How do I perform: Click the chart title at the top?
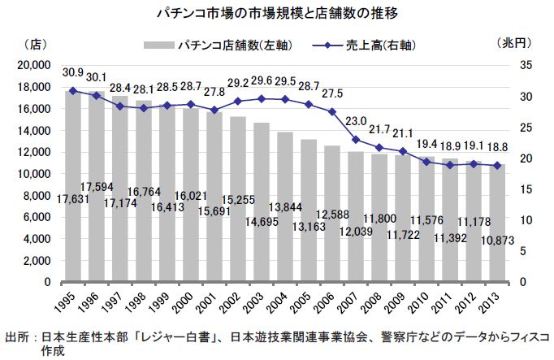(277, 14)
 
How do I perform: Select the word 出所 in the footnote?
(17, 336)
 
